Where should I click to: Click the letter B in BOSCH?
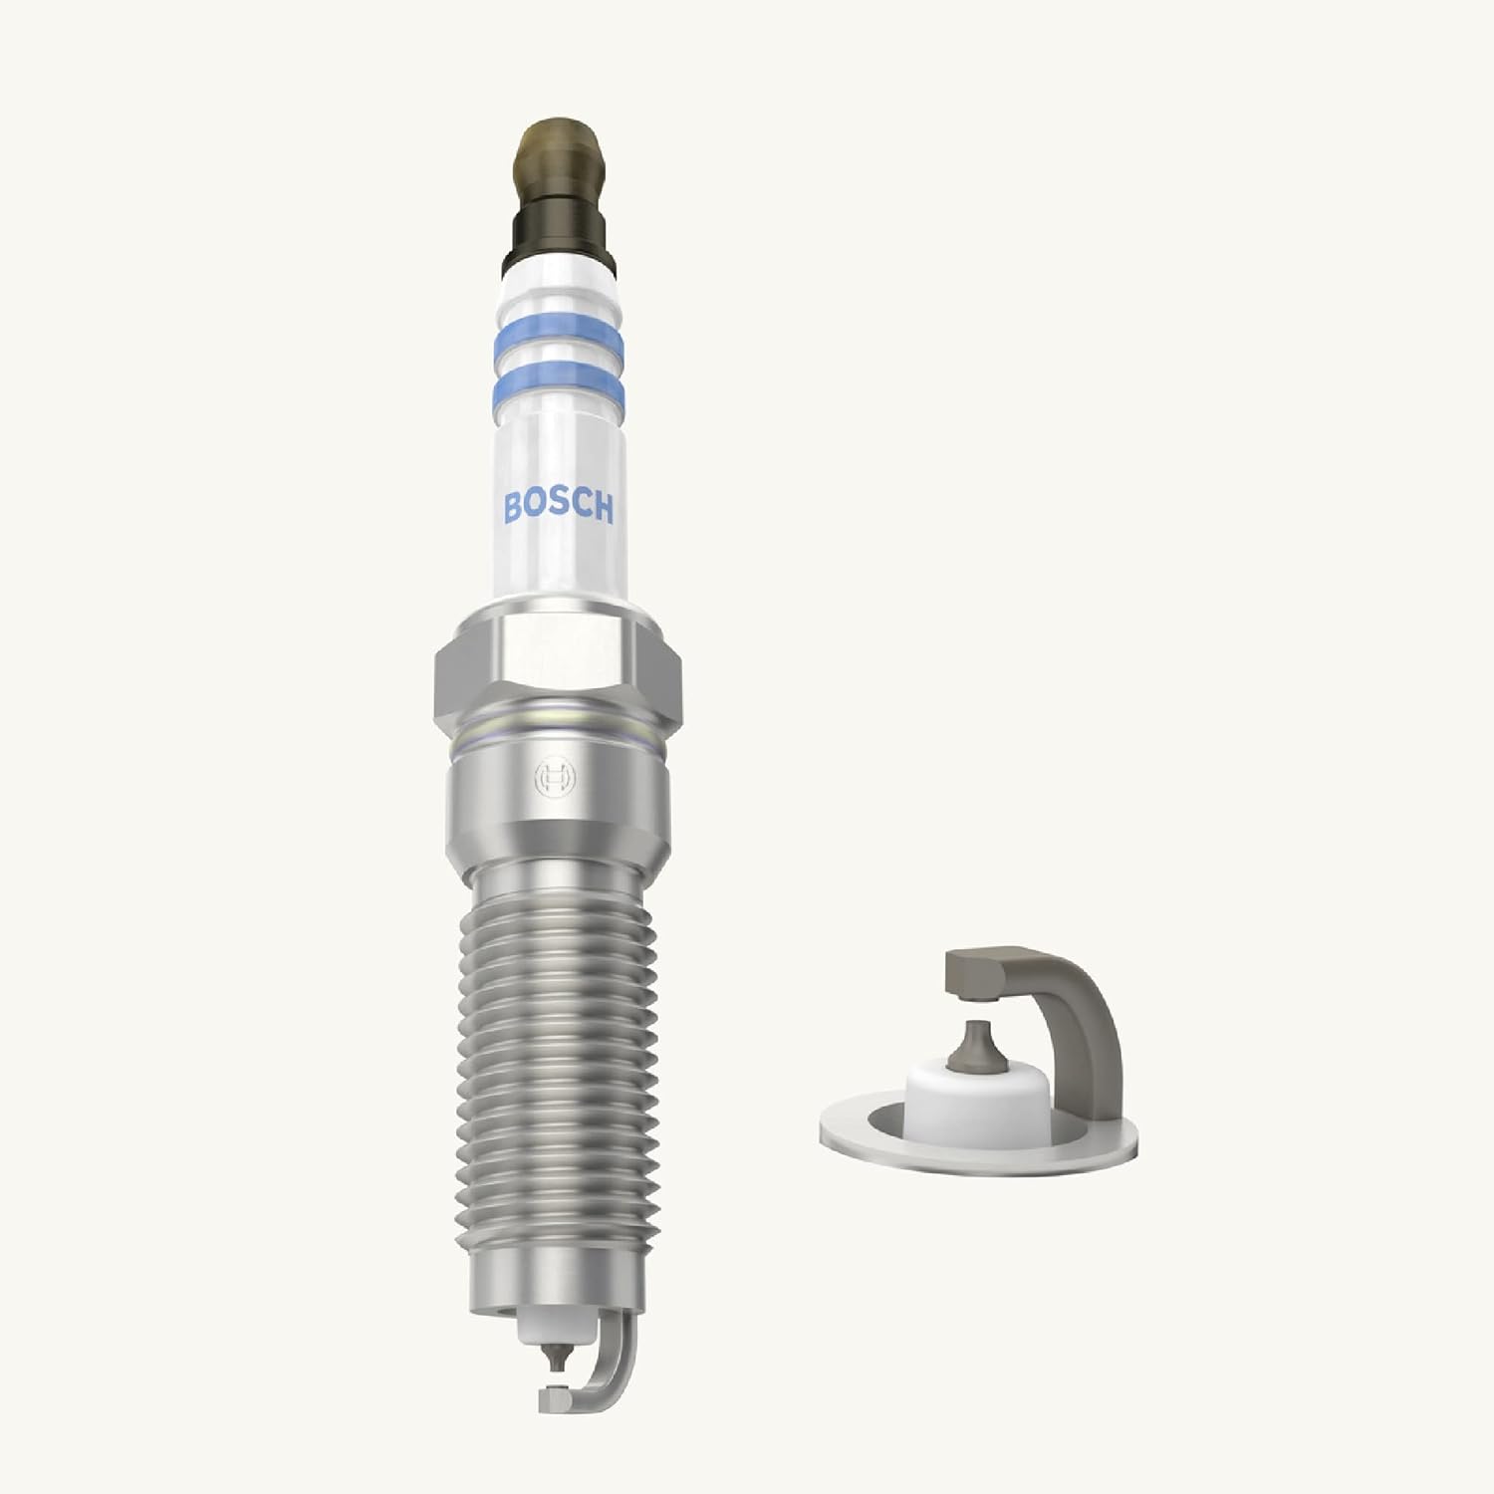pyautogui.click(x=515, y=508)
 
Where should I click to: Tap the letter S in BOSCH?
pyautogui.click(x=559, y=509)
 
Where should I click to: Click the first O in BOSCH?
pyautogui.click(x=537, y=509)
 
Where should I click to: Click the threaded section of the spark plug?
pyautogui.click(x=558, y=1046)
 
